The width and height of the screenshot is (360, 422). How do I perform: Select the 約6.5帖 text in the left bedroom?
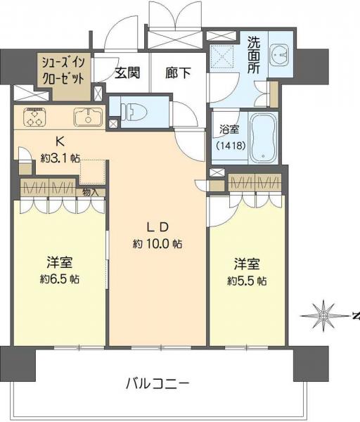click(60, 279)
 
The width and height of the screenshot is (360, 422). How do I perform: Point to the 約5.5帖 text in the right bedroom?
click(247, 280)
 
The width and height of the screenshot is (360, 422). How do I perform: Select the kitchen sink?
click(87, 117)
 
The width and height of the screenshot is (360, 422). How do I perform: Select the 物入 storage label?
click(91, 191)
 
